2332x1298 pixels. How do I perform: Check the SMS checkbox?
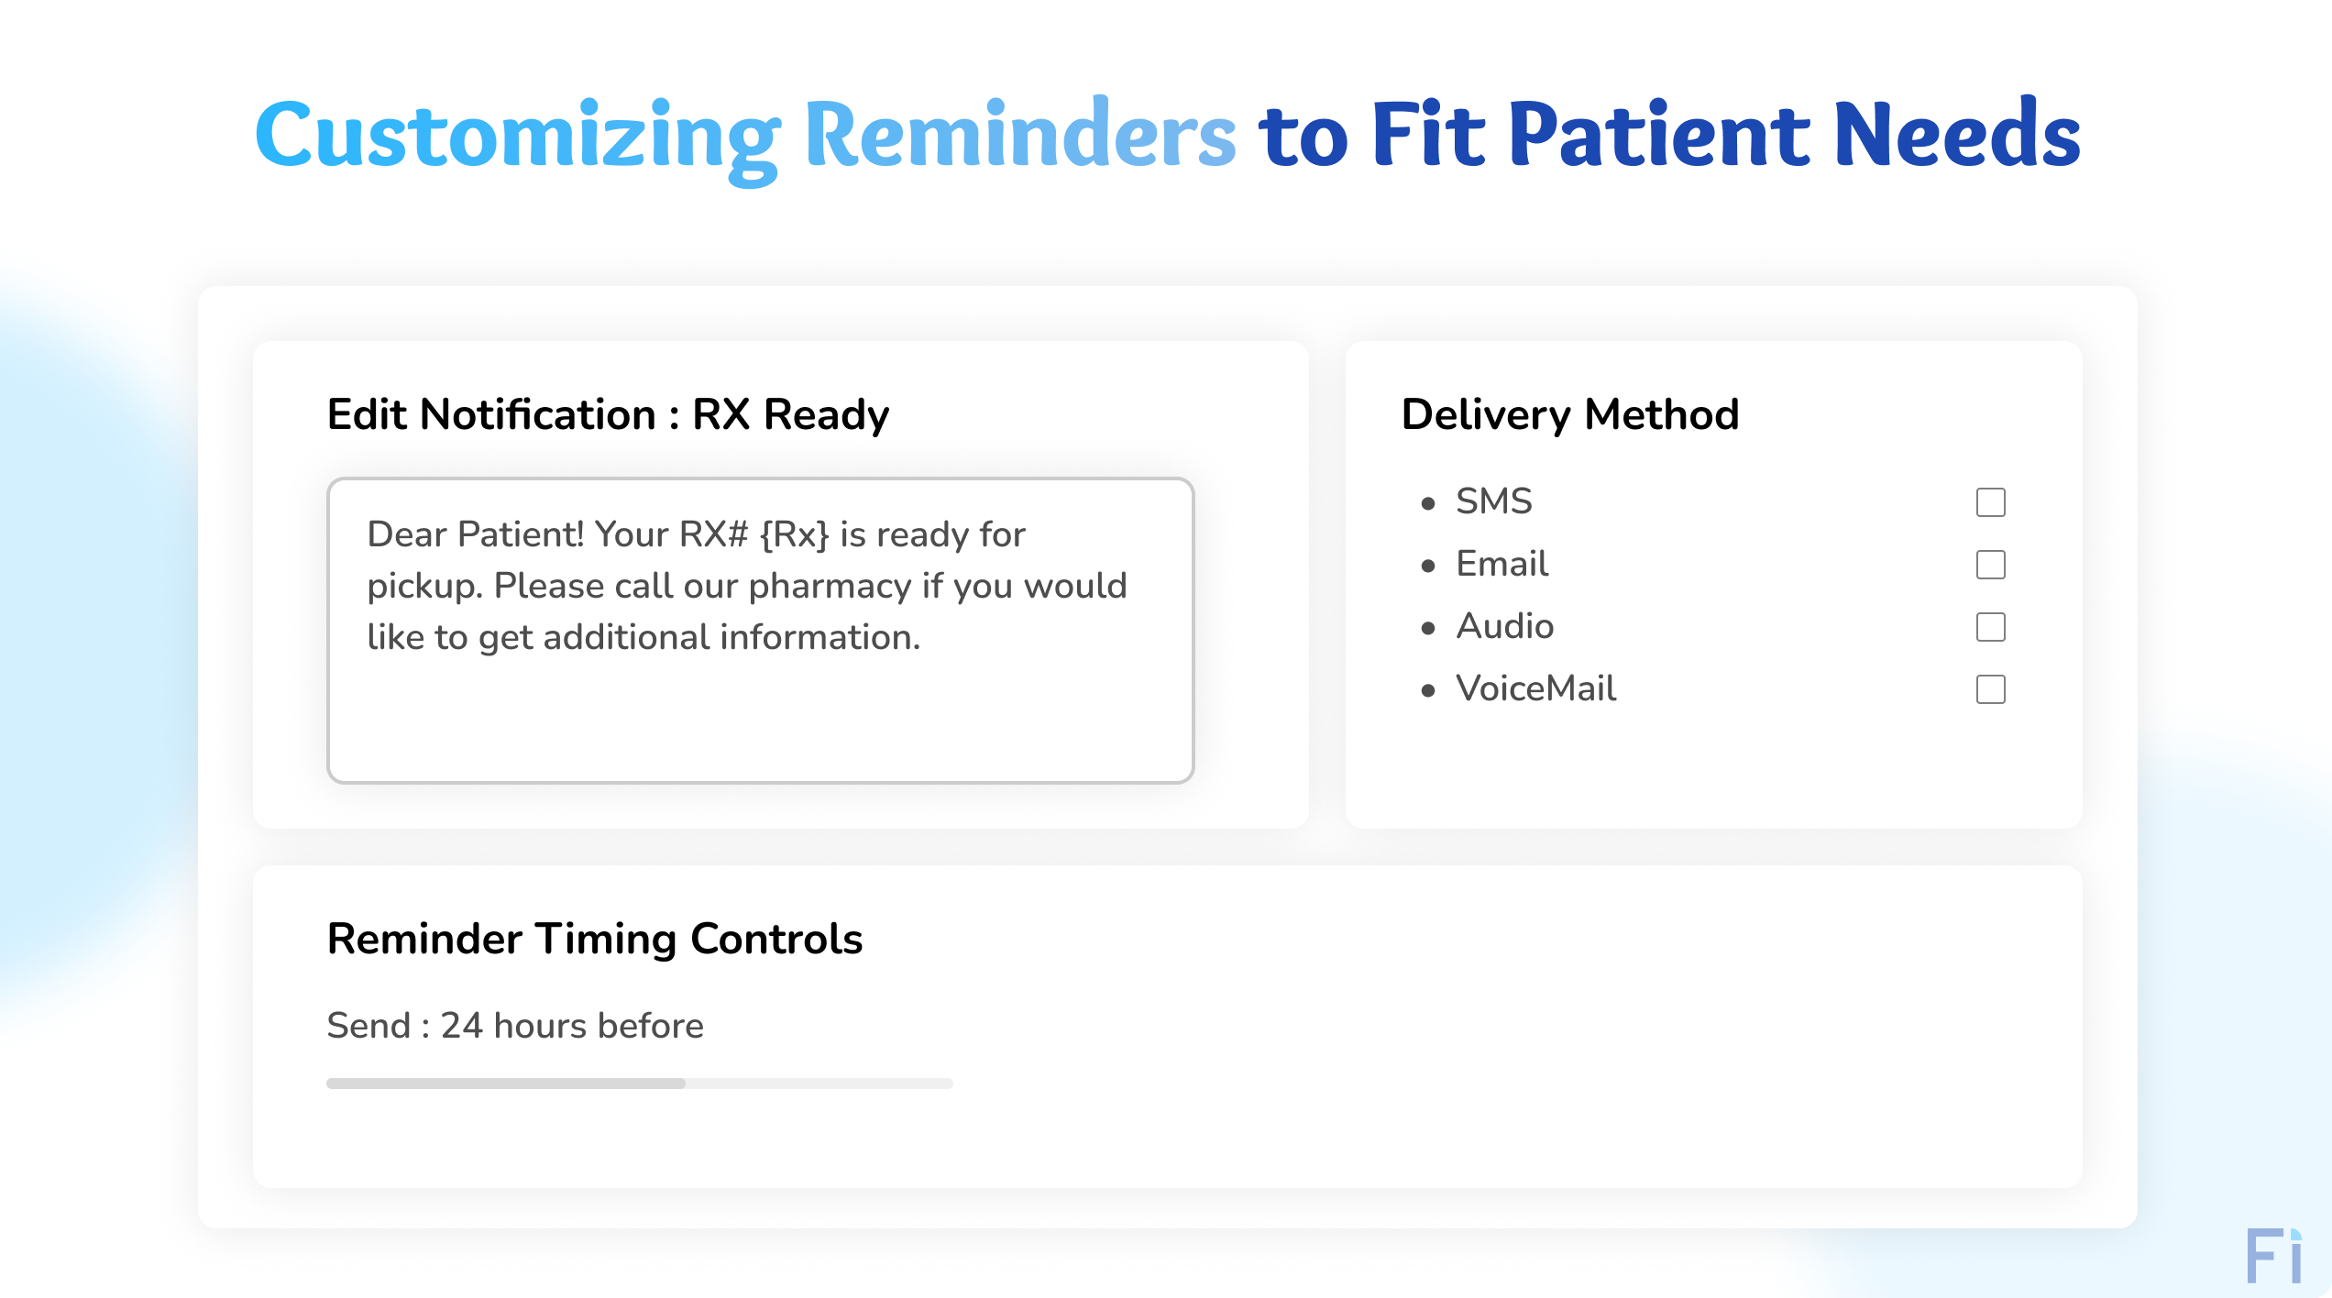click(1990, 502)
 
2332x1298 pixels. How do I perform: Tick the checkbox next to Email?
click(1990, 565)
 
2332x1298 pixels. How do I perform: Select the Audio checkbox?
click(1990, 627)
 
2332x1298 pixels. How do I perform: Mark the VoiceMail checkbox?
click(1990, 689)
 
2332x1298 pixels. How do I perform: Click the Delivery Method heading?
click(1569, 414)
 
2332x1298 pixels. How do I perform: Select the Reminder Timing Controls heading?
click(594, 939)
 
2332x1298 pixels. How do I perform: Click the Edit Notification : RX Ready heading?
click(607, 414)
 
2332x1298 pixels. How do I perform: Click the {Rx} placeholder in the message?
click(794, 534)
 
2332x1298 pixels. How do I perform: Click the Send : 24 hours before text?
click(514, 1026)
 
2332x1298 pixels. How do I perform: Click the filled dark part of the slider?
click(505, 1083)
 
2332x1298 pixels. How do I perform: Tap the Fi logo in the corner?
click(2272, 1257)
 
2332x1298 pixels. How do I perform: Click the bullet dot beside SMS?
click(1427, 503)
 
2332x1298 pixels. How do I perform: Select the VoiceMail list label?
click(1535, 688)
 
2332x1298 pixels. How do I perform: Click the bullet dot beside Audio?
click(1427, 628)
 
